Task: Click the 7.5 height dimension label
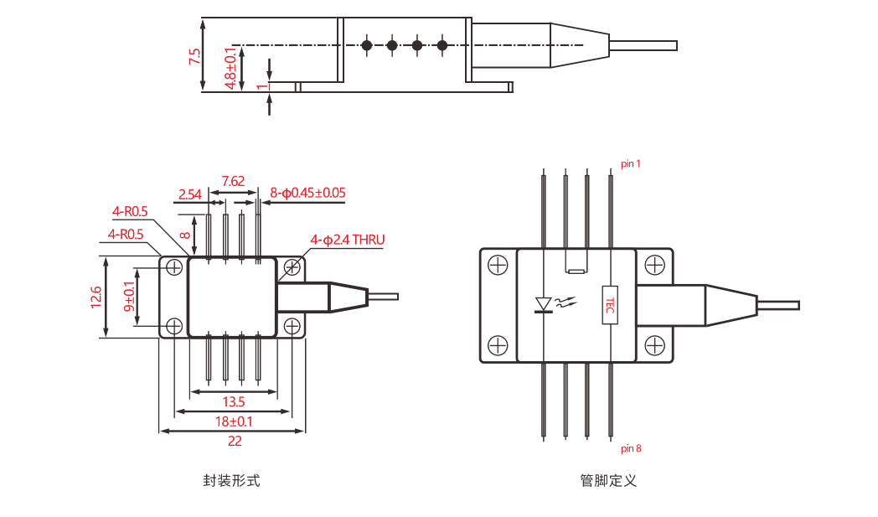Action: [195, 57]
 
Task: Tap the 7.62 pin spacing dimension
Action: [233, 181]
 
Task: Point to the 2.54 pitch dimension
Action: [189, 194]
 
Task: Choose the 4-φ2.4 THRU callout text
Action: [347, 240]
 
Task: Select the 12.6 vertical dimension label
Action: [96, 297]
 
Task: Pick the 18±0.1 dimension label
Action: [233, 421]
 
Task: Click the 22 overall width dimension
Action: [234, 441]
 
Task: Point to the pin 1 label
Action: [631, 163]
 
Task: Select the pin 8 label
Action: [631, 448]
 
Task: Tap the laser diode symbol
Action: [543, 303]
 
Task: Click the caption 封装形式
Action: [231, 481]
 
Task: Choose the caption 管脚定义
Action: [608, 481]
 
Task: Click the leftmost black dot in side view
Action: [366, 44]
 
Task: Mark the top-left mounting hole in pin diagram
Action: [498, 266]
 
